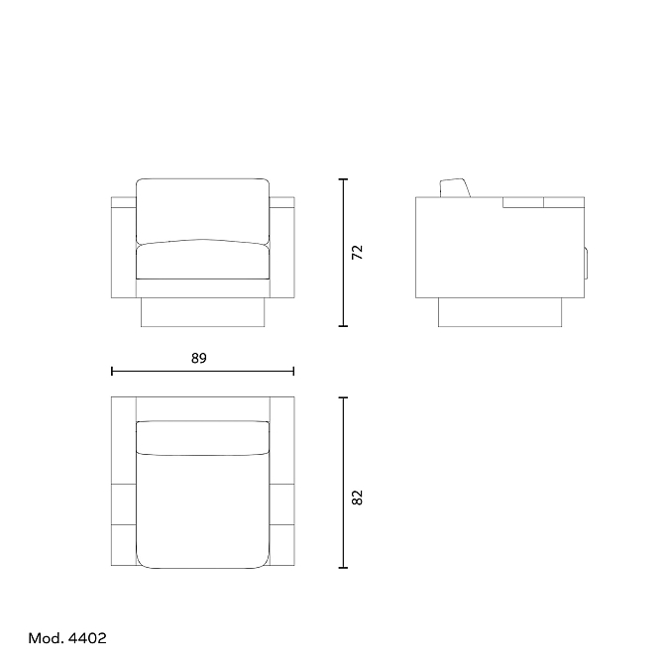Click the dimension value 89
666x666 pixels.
(199, 359)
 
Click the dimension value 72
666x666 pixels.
(359, 252)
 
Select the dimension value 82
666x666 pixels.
(359, 498)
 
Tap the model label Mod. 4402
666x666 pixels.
(67, 638)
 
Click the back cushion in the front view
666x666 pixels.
(202, 209)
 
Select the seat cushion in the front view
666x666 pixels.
(202, 260)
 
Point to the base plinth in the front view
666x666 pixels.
(203, 312)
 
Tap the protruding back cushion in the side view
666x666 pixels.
(455, 188)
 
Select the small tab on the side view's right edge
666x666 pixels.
(587, 263)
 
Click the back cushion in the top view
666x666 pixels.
(202, 437)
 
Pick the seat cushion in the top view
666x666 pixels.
(202, 510)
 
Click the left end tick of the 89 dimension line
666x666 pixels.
(113, 372)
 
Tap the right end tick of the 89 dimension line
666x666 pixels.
(293, 372)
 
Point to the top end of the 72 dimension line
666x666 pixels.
(343, 179)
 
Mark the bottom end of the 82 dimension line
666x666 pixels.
(343, 568)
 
